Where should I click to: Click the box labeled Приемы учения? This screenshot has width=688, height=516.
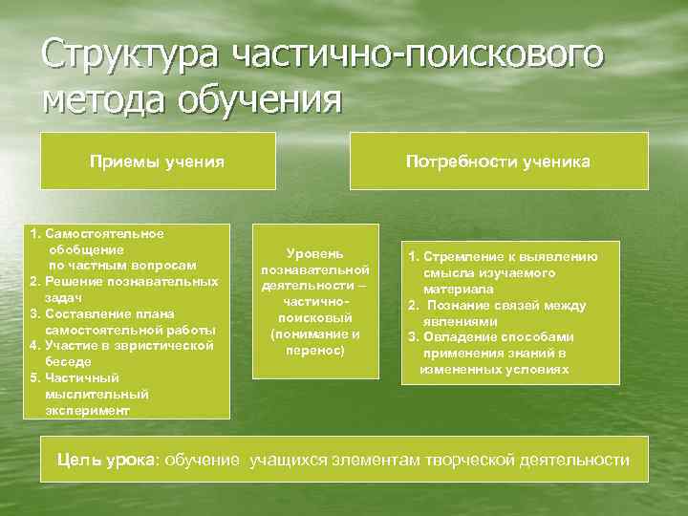[157, 161]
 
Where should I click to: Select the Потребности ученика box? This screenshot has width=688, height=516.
[498, 161]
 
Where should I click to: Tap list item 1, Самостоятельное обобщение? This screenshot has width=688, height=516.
[115, 248]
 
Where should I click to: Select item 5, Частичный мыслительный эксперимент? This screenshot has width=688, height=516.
[96, 394]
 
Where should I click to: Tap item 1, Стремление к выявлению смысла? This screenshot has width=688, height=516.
[503, 272]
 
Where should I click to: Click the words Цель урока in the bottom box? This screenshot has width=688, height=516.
[104, 461]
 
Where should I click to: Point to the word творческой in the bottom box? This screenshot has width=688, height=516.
[469, 461]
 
